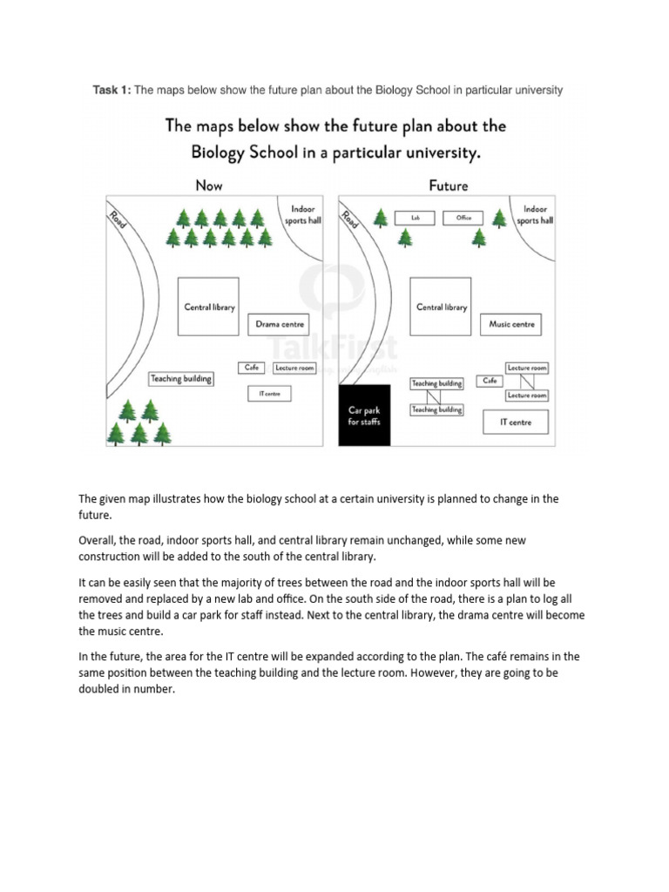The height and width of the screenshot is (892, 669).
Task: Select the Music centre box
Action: click(x=511, y=325)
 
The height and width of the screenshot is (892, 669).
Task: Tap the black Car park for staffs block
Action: click(x=364, y=416)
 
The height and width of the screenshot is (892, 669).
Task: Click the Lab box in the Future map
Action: click(x=416, y=218)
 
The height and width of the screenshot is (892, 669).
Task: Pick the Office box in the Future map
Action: click(x=463, y=218)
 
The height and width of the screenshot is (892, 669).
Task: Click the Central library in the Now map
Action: click(x=209, y=307)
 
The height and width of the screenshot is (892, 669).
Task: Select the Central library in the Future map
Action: click(x=441, y=307)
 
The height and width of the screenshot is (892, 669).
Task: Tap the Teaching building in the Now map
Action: click(x=181, y=379)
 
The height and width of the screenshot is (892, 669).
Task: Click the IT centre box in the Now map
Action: click(x=269, y=394)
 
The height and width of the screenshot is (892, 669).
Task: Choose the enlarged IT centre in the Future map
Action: click(x=516, y=422)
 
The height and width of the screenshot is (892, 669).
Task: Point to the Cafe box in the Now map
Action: click(x=252, y=368)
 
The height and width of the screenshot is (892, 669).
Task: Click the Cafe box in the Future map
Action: click(x=490, y=381)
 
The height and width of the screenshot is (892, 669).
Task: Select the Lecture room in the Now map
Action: click(x=294, y=368)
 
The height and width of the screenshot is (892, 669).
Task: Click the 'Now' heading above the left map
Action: click(x=209, y=186)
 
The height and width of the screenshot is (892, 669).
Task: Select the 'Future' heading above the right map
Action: click(x=448, y=186)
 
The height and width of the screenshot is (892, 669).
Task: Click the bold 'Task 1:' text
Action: click(x=112, y=90)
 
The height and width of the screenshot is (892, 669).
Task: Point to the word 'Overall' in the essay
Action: click(x=97, y=540)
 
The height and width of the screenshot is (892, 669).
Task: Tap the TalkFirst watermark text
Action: click(x=334, y=348)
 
